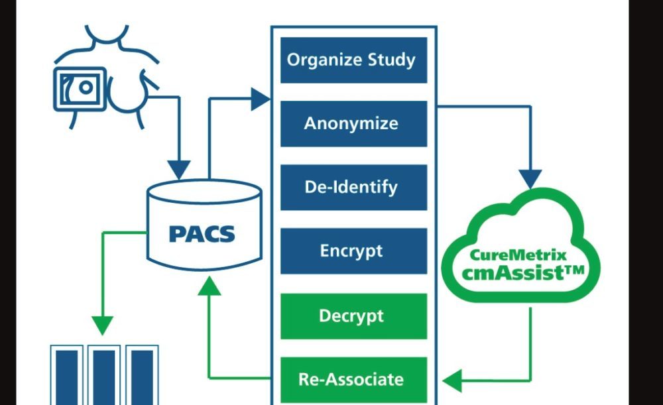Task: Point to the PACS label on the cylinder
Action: (x=202, y=234)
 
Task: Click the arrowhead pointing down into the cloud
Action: (x=530, y=178)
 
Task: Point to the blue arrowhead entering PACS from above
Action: (x=178, y=169)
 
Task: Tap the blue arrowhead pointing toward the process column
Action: (x=261, y=100)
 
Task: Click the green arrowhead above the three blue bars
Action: (x=102, y=325)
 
